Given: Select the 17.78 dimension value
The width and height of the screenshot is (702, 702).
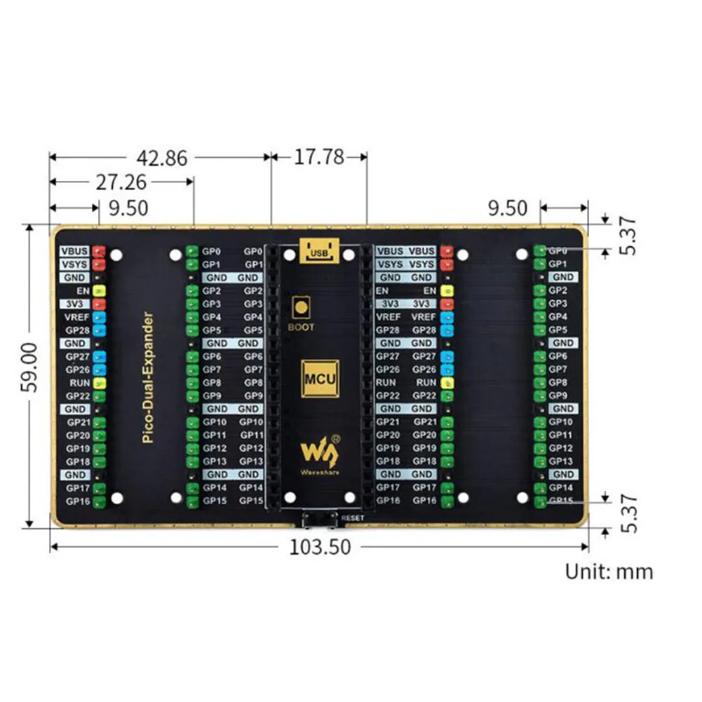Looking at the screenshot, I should [x=318, y=157].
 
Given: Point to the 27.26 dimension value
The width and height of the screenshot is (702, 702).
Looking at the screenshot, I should [x=121, y=182].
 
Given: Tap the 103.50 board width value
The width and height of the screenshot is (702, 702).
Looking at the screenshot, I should [x=320, y=547].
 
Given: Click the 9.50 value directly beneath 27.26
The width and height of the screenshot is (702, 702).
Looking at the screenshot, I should [x=129, y=208].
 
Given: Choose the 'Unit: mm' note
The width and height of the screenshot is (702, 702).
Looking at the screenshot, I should [x=609, y=572].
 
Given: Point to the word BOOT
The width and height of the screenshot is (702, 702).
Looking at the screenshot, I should [x=302, y=327].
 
